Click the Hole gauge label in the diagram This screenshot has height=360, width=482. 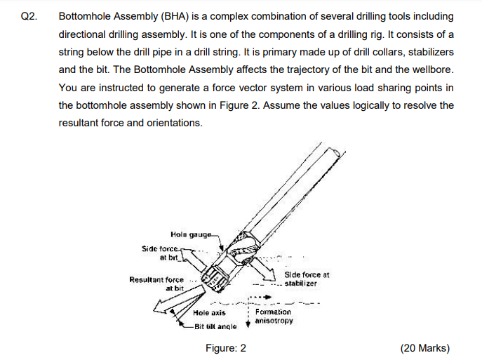pyautogui.click(x=193, y=234)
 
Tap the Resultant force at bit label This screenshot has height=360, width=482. pyautogui.click(x=156, y=283)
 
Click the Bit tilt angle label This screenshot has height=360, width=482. pyautogui.click(x=215, y=326)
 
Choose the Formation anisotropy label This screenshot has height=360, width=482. pyautogui.click(x=273, y=316)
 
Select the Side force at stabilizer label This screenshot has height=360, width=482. pyautogui.click(x=307, y=279)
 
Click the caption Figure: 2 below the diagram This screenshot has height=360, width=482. pyautogui.click(x=226, y=348)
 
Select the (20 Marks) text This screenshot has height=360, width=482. pyautogui.click(x=424, y=348)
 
